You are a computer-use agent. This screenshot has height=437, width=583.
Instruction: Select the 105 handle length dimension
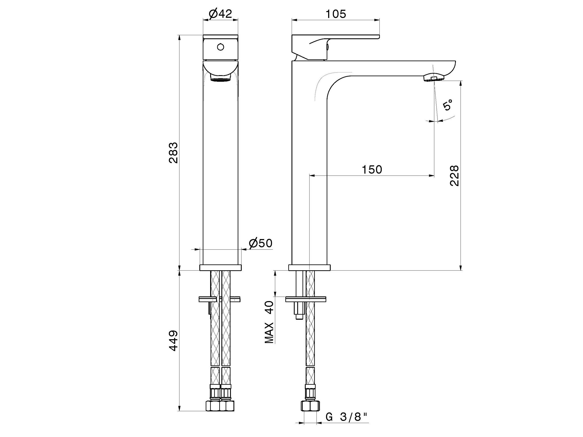pos(336,14)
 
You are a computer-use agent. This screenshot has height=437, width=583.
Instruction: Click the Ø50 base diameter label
pos(260,243)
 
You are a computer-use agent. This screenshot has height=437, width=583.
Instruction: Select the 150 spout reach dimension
pos(372,170)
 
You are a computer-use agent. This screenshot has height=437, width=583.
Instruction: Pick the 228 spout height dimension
pos(454,176)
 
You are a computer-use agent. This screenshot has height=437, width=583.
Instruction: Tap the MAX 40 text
pos(269,322)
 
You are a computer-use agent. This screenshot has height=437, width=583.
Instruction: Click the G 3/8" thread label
pos(347,424)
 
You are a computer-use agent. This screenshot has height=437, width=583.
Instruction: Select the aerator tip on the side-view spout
pos(434,78)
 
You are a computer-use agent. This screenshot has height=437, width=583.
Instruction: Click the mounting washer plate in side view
pos(306,299)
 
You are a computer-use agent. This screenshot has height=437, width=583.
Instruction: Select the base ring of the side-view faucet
pos(310,268)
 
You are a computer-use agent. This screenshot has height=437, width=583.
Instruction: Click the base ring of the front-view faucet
pos(220,268)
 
